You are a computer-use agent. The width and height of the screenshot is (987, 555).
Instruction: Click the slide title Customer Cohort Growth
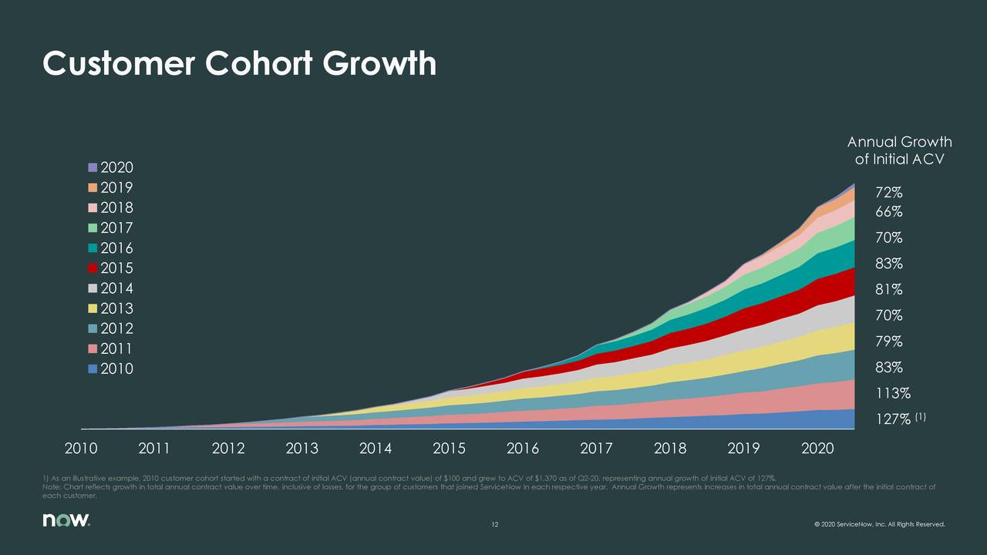(239, 64)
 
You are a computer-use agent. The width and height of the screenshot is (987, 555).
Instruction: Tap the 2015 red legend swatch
(93, 268)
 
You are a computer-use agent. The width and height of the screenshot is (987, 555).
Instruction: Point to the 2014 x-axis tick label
(376, 449)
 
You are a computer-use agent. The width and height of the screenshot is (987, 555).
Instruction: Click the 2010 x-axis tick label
(81, 449)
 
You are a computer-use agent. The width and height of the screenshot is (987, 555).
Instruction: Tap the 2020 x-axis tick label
(817, 449)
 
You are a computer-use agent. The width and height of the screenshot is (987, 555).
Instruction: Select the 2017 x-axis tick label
(596, 449)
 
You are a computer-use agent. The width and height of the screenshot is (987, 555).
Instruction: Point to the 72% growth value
(889, 192)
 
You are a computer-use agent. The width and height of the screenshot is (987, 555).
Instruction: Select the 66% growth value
(889, 212)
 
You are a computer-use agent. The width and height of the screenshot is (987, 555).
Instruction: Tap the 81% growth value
(889, 290)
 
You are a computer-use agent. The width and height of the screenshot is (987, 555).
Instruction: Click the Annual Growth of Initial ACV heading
(899, 150)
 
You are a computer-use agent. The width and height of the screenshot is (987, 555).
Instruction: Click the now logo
(66, 522)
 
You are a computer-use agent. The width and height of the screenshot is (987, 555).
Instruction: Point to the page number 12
(496, 526)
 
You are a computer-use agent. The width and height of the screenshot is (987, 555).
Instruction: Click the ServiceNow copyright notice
(878, 526)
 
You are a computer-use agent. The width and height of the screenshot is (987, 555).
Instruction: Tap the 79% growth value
(889, 341)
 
